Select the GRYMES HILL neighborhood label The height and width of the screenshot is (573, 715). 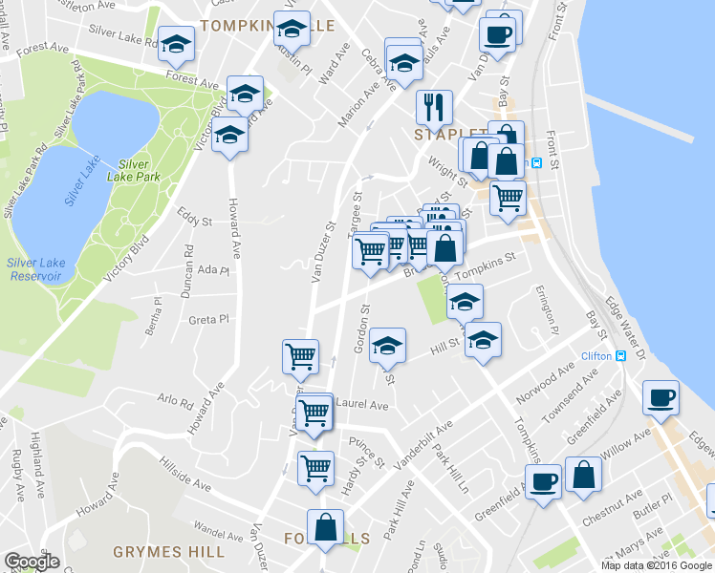168,551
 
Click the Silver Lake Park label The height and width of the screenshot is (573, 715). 133,170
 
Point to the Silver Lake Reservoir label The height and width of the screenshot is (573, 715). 33,269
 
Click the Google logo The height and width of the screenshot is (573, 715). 31,562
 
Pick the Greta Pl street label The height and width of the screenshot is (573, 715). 209,319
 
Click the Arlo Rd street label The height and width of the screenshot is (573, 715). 173,396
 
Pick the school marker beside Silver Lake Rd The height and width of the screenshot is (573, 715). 176,44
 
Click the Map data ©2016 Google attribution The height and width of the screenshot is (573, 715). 657,564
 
